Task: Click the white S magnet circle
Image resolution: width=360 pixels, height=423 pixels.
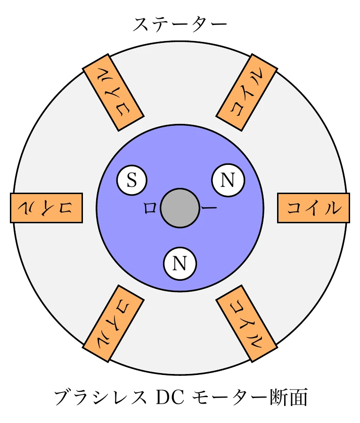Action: (131, 181)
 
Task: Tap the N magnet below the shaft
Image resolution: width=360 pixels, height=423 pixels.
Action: (180, 263)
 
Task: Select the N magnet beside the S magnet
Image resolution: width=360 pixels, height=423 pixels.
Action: (228, 181)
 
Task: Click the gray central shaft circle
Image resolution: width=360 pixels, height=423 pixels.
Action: (180, 208)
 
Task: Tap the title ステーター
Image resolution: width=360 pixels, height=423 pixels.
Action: (180, 24)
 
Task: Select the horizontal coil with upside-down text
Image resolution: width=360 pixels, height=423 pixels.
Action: (46, 208)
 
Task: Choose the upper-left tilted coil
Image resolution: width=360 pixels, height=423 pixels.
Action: (113, 92)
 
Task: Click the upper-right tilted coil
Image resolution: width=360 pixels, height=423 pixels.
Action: (246, 92)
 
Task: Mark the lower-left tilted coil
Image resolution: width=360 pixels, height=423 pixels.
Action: (113, 323)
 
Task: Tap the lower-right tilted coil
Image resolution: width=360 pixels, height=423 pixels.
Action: (246, 323)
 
